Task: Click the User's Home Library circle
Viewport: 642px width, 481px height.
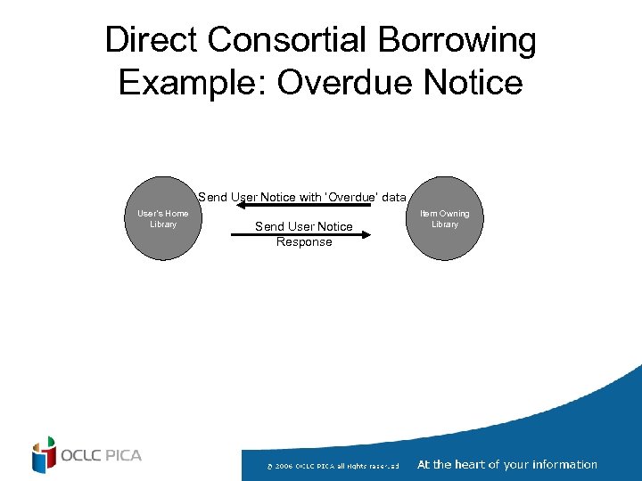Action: [x=162, y=219]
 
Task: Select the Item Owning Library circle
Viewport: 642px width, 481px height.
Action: [x=444, y=219]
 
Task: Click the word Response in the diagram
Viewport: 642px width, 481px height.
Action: [x=304, y=242]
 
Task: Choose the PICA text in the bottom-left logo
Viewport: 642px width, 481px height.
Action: [x=123, y=456]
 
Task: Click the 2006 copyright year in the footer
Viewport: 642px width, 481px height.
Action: [x=283, y=466]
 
